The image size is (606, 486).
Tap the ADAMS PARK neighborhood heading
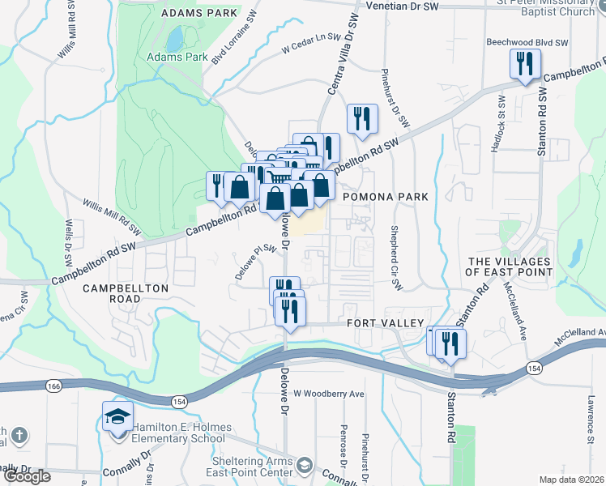tap(200, 14)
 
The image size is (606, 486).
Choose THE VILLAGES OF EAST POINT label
tap(510, 266)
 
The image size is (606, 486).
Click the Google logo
tap(27, 476)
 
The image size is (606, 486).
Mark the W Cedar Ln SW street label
tap(309, 49)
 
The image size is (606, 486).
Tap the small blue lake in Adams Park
tap(175, 38)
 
